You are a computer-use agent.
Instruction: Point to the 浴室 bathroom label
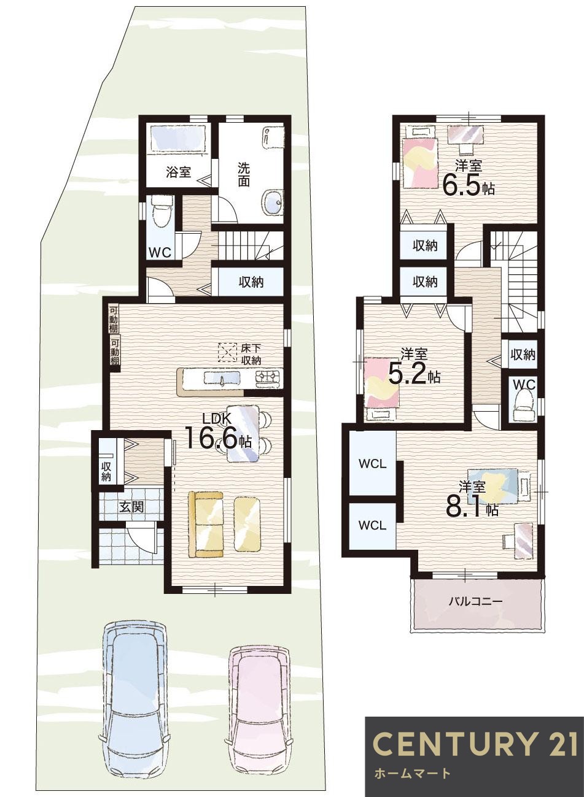[x=178, y=172]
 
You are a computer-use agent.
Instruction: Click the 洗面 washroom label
[x=244, y=174]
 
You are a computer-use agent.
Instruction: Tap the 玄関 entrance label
[x=131, y=507]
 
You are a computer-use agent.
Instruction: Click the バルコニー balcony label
[x=475, y=601]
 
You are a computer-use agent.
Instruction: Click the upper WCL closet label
[x=373, y=464]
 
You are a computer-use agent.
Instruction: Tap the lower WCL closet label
[x=373, y=525]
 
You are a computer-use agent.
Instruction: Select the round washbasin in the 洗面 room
[x=272, y=201]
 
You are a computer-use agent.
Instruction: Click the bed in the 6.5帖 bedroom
[x=419, y=160]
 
